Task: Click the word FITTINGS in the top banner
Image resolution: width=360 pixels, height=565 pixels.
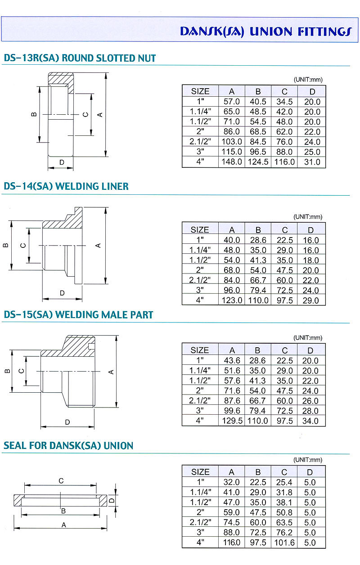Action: point(325,31)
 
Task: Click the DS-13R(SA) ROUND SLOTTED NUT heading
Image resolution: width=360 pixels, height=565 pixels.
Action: point(80,58)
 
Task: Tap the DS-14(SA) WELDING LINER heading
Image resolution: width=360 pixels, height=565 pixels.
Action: point(66,186)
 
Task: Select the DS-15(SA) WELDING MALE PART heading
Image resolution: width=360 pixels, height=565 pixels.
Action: point(78,315)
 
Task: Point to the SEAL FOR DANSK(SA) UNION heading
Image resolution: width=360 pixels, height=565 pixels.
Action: point(68,446)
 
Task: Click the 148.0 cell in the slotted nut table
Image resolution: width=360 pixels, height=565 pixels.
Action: point(232,161)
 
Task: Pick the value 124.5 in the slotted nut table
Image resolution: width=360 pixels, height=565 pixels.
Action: point(258,161)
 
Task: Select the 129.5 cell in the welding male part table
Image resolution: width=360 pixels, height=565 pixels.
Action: point(232,421)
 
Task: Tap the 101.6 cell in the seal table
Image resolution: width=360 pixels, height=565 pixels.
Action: point(284,543)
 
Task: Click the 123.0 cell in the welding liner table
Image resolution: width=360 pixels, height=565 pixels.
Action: point(232,300)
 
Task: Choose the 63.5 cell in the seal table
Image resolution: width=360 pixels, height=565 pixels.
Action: point(284,522)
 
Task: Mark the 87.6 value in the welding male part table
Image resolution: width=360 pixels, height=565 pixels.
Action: point(232,400)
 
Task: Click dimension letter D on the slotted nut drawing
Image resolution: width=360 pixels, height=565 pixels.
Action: point(62,162)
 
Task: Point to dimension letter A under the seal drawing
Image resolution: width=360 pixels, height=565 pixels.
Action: point(64,525)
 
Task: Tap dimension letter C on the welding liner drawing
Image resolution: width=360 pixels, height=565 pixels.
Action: point(23,246)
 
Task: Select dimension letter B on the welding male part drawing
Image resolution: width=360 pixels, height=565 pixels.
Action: point(8,371)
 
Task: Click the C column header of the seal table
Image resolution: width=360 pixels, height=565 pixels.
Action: point(284,472)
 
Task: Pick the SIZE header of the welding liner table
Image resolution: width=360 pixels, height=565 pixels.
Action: point(200,230)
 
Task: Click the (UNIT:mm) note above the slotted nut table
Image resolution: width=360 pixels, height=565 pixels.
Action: point(308,80)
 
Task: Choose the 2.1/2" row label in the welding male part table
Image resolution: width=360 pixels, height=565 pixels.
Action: point(200,400)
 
